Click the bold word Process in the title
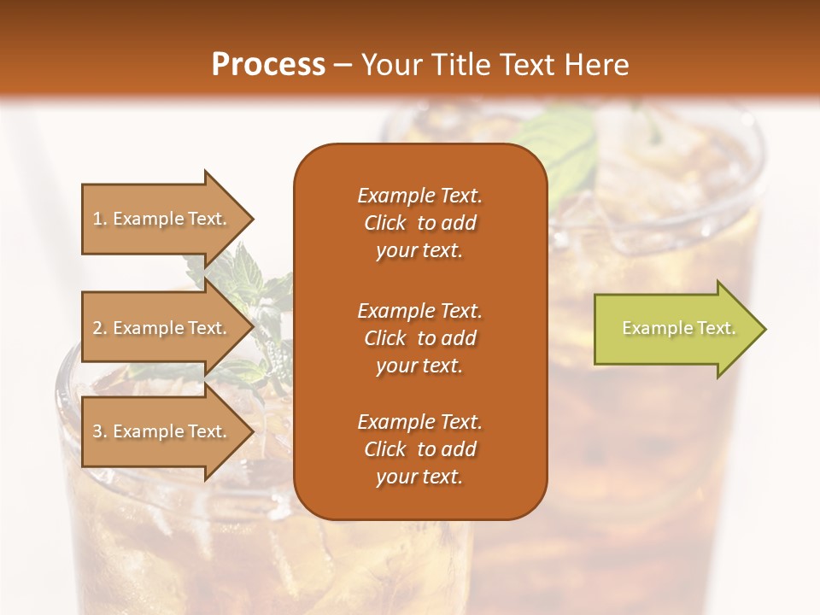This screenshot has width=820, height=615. (268, 64)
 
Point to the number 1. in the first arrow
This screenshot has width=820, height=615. (100, 219)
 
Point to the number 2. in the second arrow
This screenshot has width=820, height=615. (100, 328)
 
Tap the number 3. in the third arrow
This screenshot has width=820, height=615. (100, 431)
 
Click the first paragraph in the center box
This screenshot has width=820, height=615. (419, 223)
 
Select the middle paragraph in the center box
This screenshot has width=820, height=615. (419, 338)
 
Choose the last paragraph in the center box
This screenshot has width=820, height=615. (419, 449)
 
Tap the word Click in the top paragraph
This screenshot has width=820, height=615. (385, 223)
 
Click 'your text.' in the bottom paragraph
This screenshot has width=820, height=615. (419, 477)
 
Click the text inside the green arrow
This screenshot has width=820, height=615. (679, 328)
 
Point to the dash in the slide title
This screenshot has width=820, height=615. (343, 65)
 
